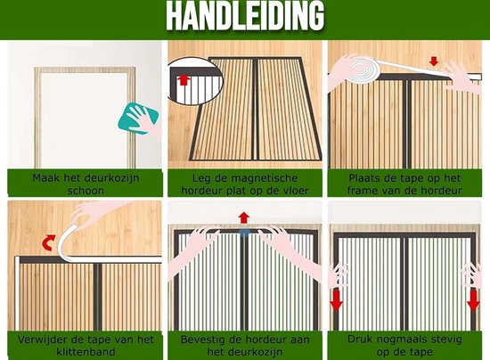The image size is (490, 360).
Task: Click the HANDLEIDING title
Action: pyautogui.click(x=245, y=16)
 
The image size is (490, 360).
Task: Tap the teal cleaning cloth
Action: pyautogui.click(x=138, y=119)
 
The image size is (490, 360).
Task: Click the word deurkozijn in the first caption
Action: pyautogui.click(x=112, y=178)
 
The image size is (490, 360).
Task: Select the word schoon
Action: pyautogui.click(x=86, y=191)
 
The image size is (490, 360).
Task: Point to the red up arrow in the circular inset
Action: pyautogui.click(x=184, y=79)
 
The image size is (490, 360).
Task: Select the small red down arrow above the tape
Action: pyautogui.click(x=434, y=61)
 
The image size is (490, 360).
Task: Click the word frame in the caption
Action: pyautogui.click(x=361, y=191)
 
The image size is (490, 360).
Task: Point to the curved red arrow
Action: pyautogui.click(x=48, y=242)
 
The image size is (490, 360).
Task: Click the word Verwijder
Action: pyautogui.click(x=39, y=340)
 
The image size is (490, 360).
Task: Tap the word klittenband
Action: pyautogui.click(x=86, y=352)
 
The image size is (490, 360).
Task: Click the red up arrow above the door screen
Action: pyautogui.click(x=244, y=217)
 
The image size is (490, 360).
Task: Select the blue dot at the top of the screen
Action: pyautogui.click(x=244, y=233)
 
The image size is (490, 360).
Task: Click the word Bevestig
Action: pyautogui.click(x=202, y=340)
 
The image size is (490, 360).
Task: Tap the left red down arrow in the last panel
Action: pyautogui.click(x=336, y=301)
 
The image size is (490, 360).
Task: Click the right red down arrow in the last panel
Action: pyautogui.click(x=473, y=301)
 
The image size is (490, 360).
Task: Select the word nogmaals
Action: pyautogui.click(x=404, y=340)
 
